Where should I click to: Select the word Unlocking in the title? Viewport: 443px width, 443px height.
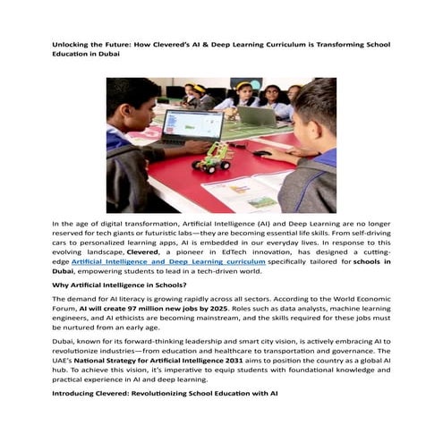72,43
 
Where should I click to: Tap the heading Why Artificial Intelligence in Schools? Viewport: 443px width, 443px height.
119,285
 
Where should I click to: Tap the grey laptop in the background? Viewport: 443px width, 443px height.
257,115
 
